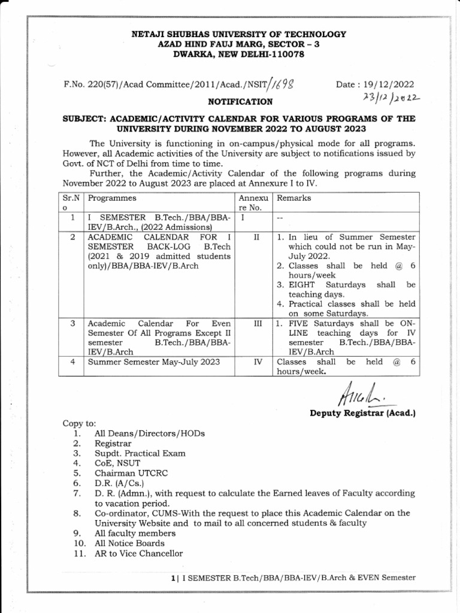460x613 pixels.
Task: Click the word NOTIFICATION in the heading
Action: (240, 102)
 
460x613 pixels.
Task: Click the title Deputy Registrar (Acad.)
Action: (362, 413)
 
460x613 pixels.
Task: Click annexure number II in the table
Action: (256, 238)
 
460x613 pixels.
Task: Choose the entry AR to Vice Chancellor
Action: (139, 553)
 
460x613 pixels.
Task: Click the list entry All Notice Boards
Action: (129, 543)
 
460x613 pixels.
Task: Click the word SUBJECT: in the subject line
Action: (86, 119)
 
